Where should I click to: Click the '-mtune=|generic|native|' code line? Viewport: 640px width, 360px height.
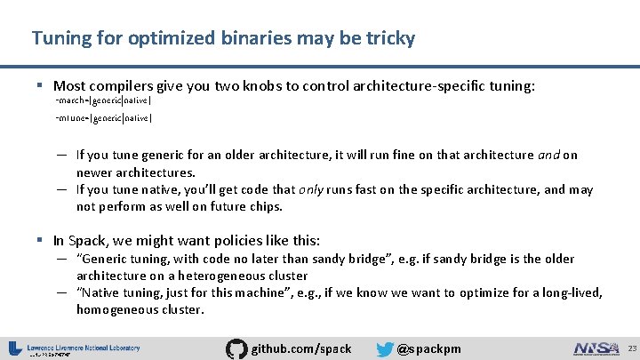tap(103, 117)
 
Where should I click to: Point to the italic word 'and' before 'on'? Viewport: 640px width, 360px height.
tap(548, 155)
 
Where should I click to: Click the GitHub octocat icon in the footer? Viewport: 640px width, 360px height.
tap(237, 348)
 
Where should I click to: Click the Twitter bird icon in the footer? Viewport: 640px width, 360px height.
tap(385, 348)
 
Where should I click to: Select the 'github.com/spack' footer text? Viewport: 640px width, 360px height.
tap(301, 348)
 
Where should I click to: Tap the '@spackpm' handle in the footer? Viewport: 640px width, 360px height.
tap(428, 348)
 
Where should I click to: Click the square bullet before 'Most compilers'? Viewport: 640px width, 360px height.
tap(41, 86)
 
